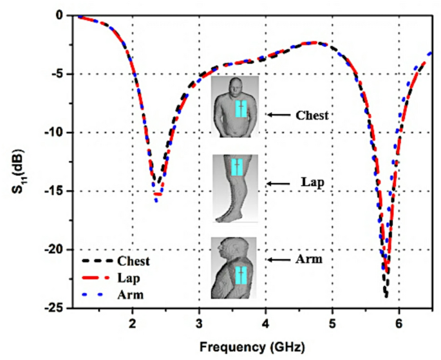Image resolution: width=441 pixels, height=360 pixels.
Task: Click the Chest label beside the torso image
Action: click(x=312, y=115)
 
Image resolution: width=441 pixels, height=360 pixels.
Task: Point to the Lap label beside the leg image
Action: click(x=312, y=183)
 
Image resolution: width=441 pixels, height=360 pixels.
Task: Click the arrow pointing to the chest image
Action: click(x=278, y=115)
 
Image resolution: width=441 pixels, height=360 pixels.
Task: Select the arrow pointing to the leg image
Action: click(x=278, y=184)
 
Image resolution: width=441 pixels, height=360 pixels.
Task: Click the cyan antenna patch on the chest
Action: click(x=240, y=108)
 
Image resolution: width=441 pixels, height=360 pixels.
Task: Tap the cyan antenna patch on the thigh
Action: click(x=237, y=167)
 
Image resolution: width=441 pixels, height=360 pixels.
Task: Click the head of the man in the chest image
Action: click(x=236, y=86)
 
